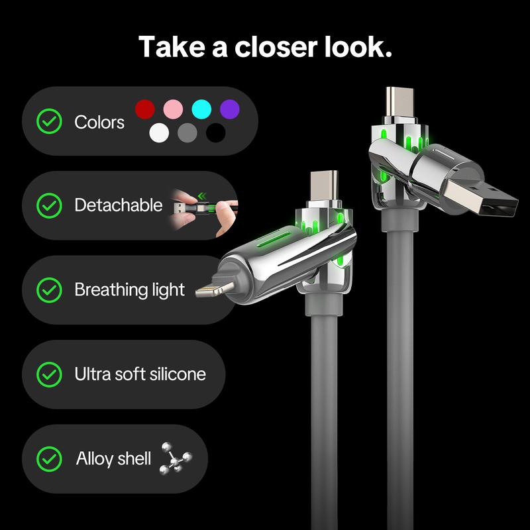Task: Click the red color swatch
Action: pos(145,109)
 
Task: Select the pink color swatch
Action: pos(173,109)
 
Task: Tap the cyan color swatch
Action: pos(201,109)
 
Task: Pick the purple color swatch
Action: pos(229,109)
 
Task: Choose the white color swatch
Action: pos(159,132)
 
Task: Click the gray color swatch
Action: pos(187,132)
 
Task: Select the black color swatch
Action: pos(215,132)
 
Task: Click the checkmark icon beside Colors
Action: pos(48,122)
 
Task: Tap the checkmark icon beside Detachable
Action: pos(48,205)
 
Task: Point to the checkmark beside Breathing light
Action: pos(48,290)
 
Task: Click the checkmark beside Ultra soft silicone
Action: pos(48,374)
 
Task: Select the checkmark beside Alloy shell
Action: pos(48,458)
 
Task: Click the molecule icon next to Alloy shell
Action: pos(176,458)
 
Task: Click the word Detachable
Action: pos(118,205)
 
